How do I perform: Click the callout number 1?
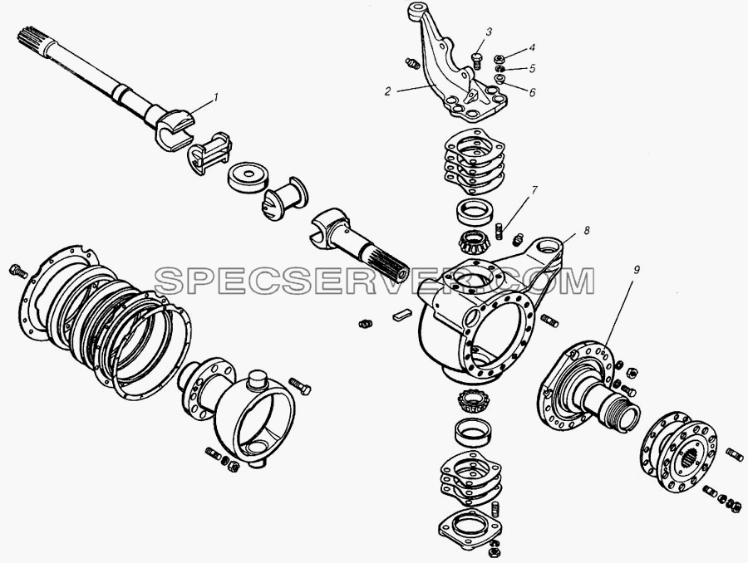click(215, 97)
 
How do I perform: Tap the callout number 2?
click(388, 91)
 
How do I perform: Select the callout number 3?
click(489, 32)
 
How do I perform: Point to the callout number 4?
click(532, 47)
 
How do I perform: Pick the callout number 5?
click(533, 68)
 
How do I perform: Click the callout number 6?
click(533, 92)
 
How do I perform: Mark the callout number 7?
click(534, 191)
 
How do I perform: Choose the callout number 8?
click(586, 230)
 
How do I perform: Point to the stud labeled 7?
click(500, 230)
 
